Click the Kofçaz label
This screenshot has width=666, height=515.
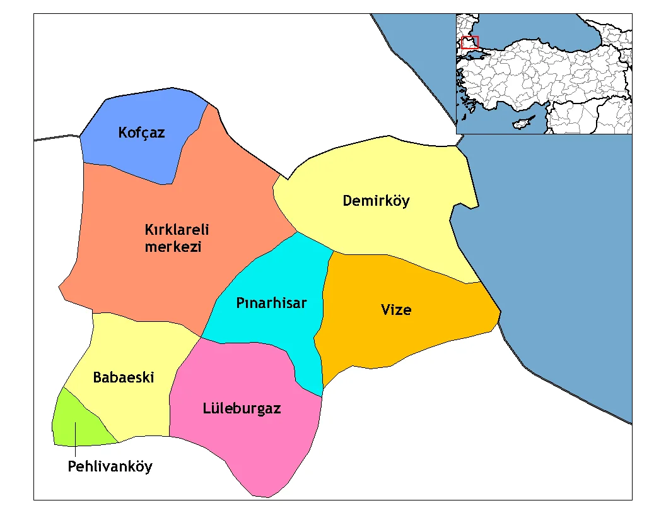[x=141, y=133]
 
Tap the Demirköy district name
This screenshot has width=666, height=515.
[x=376, y=201]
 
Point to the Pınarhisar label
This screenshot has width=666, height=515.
[x=271, y=303]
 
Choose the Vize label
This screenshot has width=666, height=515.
[x=396, y=310]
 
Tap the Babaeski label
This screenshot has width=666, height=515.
[x=124, y=377]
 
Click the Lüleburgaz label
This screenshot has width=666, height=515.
[x=242, y=408]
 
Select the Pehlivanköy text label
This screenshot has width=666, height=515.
[x=110, y=467]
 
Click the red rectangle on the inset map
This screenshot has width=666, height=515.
[x=470, y=42]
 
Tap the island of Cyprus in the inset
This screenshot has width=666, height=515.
[x=523, y=122]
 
